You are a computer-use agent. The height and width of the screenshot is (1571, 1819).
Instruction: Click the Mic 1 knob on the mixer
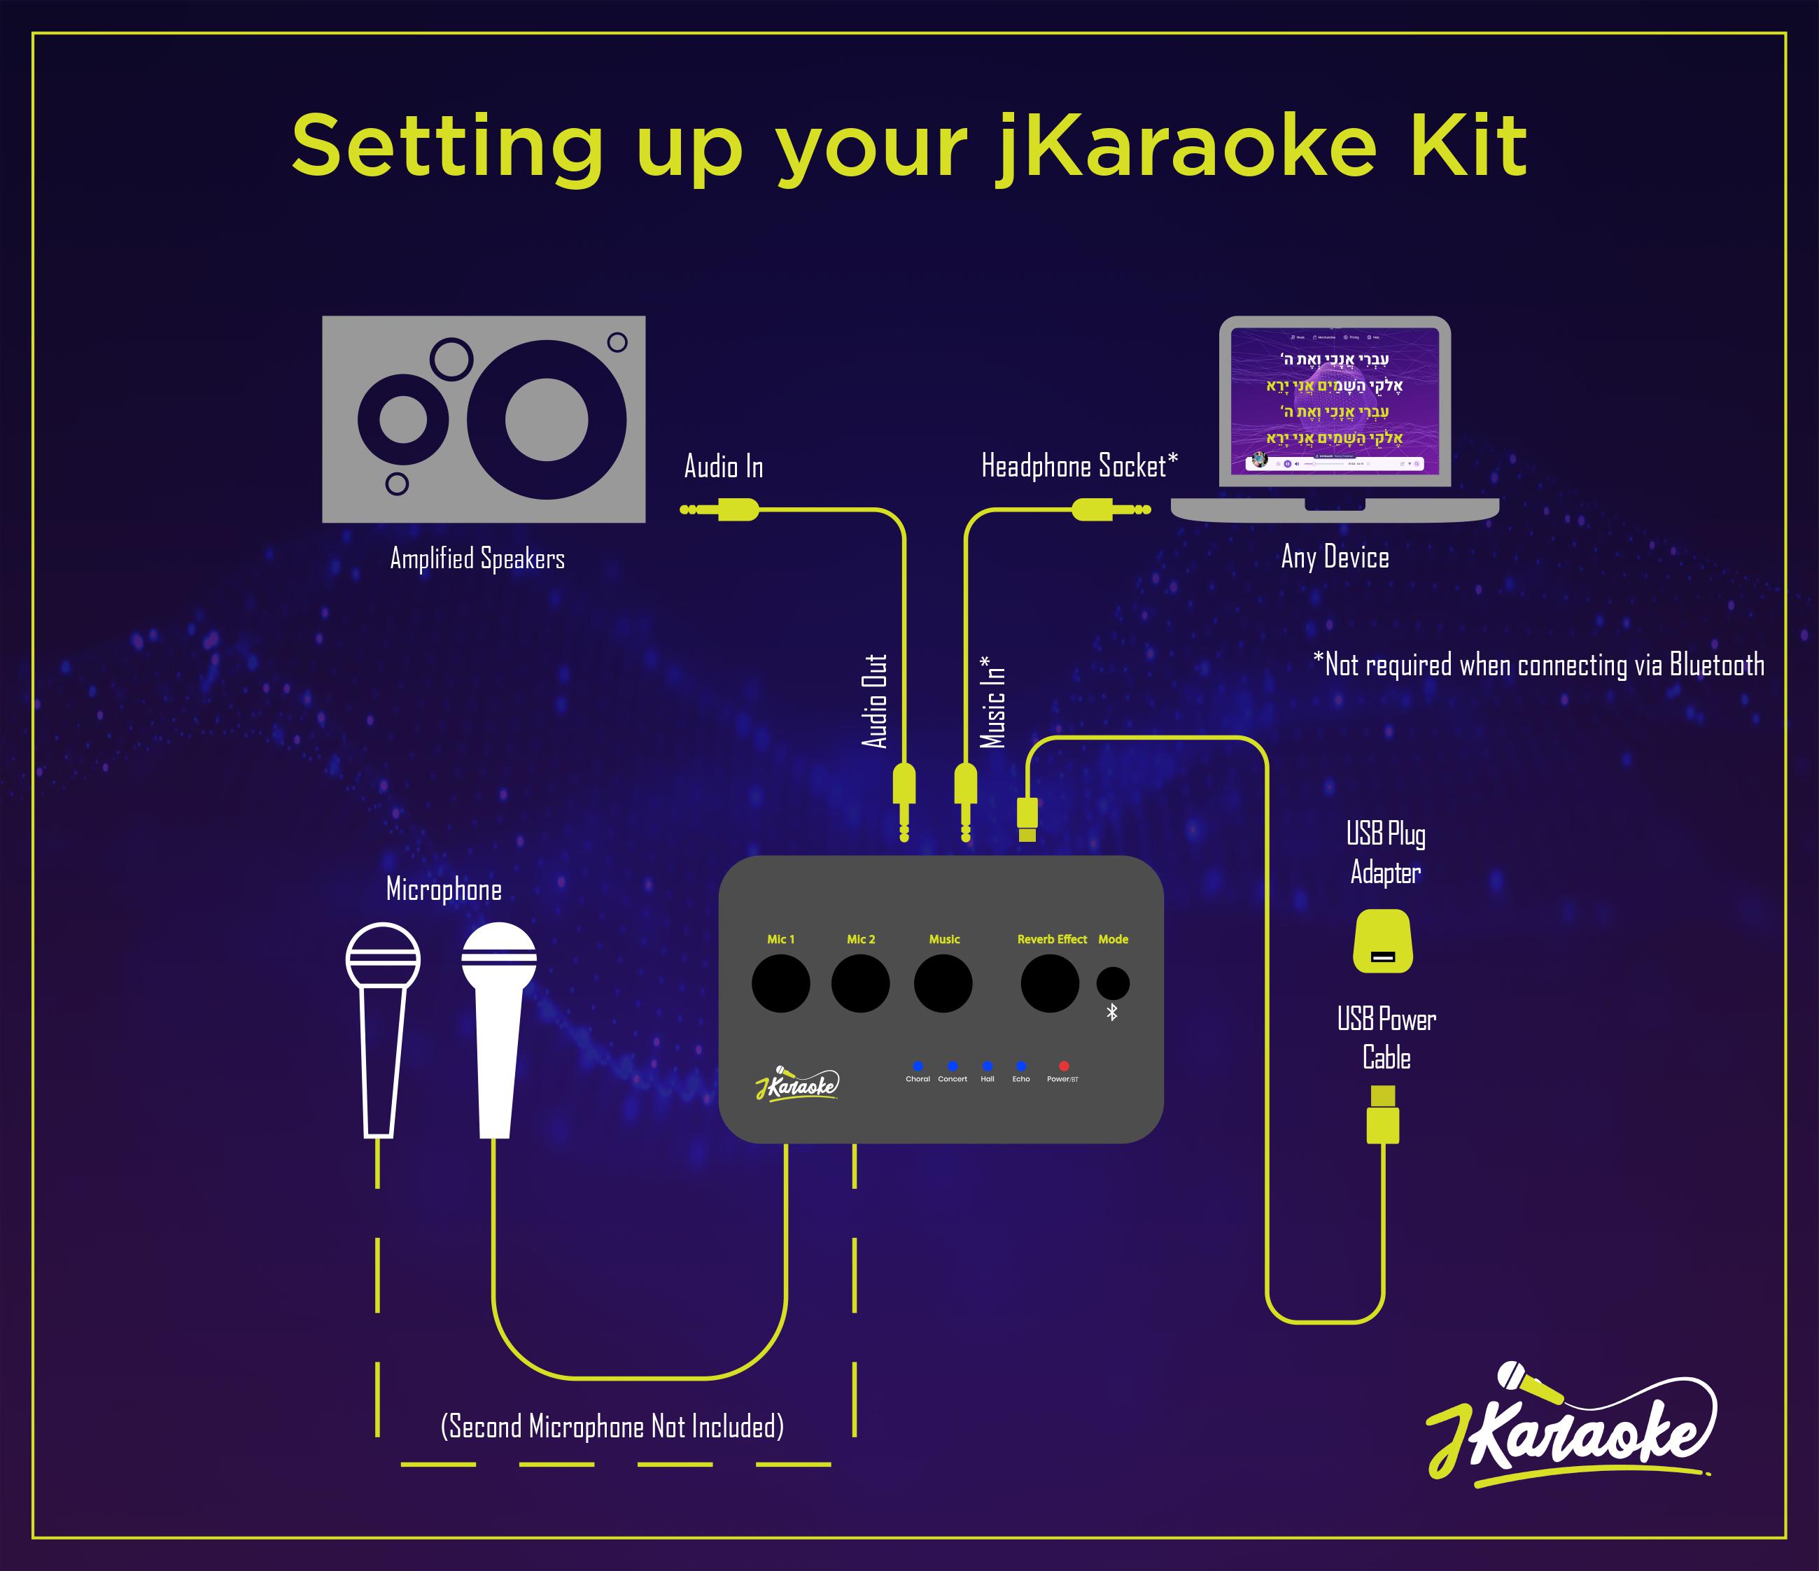(780, 984)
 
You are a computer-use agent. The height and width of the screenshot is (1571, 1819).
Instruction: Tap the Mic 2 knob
(860, 984)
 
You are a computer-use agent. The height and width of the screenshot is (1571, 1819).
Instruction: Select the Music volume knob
(943, 984)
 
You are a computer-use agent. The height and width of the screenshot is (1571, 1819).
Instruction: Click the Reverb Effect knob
(1050, 984)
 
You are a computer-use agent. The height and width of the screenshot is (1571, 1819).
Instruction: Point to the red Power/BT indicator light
(1063, 1066)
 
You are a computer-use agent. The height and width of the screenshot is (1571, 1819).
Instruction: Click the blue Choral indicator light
(918, 1066)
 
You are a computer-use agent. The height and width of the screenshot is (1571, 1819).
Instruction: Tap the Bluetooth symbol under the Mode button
(1111, 1013)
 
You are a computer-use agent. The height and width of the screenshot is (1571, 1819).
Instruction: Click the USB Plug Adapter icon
(1383, 941)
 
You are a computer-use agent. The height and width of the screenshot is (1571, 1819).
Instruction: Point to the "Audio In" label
(724, 467)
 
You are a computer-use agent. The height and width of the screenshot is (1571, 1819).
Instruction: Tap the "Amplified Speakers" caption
(477, 559)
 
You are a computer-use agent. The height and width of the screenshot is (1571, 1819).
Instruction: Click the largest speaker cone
(546, 420)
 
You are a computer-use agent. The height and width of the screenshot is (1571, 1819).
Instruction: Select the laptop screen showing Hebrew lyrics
(1335, 401)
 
